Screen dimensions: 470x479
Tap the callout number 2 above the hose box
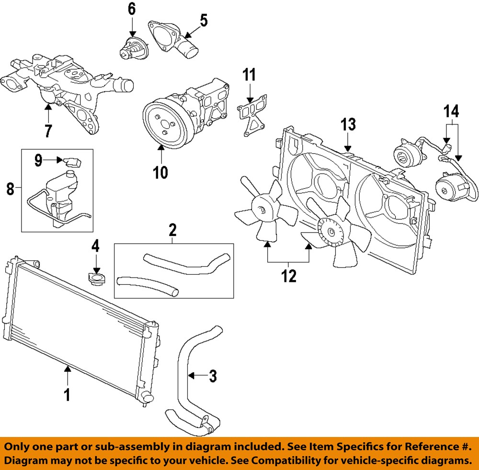[173, 231]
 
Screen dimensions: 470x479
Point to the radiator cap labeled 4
[96, 278]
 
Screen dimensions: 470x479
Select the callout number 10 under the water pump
[161, 172]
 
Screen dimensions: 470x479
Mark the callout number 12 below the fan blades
[289, 276]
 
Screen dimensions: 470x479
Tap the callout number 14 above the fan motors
[452, 112]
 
